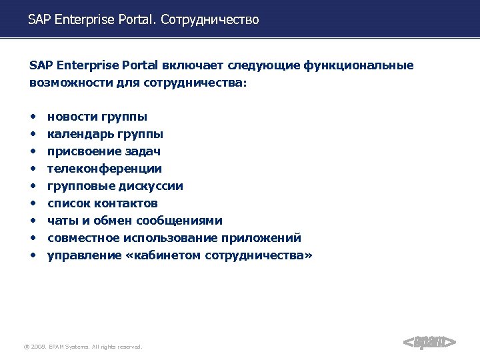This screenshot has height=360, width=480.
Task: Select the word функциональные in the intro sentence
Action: pyautogui.click(x=359, y=65)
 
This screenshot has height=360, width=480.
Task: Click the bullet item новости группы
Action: pyautogui.click(x=97, y=117)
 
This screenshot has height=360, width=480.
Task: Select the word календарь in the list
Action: pyautogui.click(x=81, y=134)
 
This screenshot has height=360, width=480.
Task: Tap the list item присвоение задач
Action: pyautogui.click(x=103, y=151)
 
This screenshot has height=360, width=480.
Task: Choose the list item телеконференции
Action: pyautogui.click(x=104, y=169)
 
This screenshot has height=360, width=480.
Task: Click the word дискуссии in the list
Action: pyautogui.click(x=153, y=186)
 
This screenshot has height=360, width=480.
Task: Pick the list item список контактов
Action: pyautogui.click(x=102, y=203)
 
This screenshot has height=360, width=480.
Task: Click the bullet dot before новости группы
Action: pyautogui.click(x=33, y=117)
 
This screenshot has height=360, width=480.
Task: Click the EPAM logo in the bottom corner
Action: pyautogui.click(x=430, y=343)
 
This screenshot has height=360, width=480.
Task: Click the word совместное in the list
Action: pyautogui.click(x=80, y=238)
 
